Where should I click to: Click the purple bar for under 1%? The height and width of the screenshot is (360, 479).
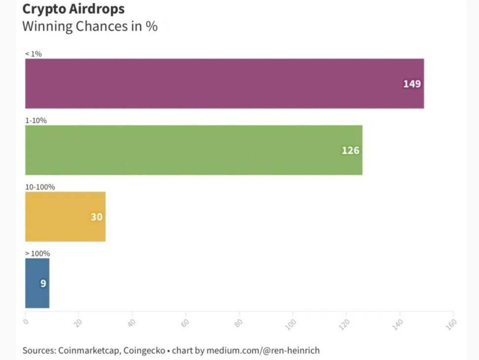pos(224,83)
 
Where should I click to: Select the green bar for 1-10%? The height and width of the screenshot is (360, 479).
pos(194,150)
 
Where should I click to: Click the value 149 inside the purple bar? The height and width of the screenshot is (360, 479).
pos(412,84)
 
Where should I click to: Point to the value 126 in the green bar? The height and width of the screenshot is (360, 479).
pos(350,150)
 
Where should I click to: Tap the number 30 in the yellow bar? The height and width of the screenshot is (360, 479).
pos(97,217)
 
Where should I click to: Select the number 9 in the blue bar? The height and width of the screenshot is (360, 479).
pos(43,284)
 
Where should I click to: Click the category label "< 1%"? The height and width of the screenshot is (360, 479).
pos(34,54)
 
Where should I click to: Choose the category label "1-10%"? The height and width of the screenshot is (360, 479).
pos(36,120)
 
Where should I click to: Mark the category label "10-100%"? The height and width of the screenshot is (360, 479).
pos(40,187)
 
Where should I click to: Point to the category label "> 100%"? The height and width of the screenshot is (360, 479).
pos(37,253)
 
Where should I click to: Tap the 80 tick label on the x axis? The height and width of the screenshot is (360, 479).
pos(239,323)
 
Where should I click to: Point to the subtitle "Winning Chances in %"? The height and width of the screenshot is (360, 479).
pos(90,26)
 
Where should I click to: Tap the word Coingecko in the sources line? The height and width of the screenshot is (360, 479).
pos(144,351)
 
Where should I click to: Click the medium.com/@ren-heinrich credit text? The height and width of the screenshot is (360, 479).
pos(263,351)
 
